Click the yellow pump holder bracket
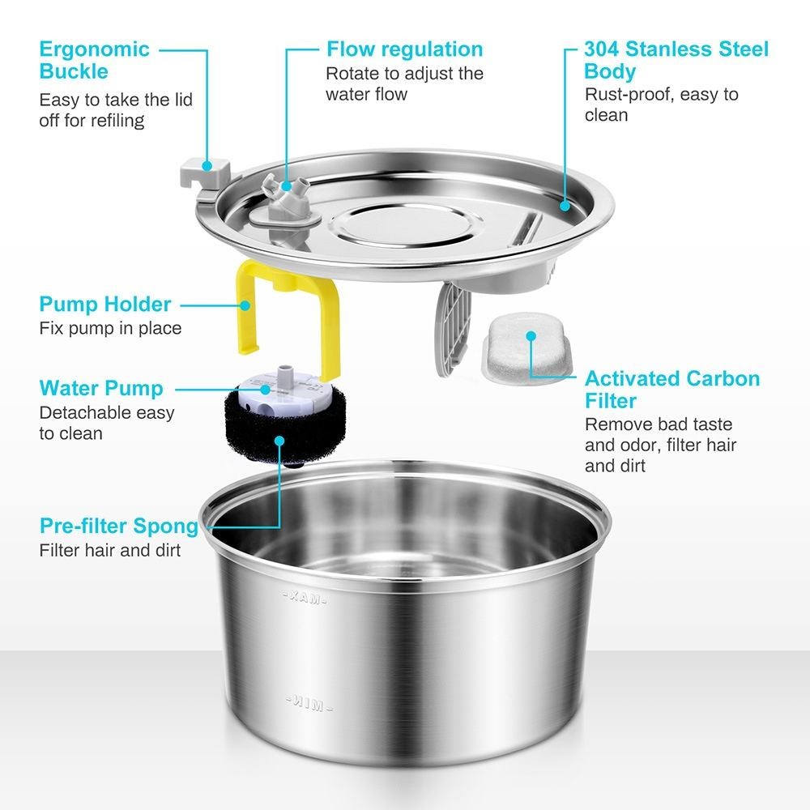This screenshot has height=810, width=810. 247,310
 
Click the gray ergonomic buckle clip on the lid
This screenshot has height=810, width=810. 205,175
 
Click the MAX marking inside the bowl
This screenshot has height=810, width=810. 305,597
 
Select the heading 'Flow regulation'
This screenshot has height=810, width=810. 405,49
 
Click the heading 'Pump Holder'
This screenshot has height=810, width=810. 104,305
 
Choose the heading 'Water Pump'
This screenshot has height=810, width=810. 101,388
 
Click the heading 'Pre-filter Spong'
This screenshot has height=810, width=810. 119,526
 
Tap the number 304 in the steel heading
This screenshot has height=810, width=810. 602,49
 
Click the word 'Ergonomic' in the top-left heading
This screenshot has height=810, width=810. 95,49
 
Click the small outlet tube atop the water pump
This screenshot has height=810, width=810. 283,373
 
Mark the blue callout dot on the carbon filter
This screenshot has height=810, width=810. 531,336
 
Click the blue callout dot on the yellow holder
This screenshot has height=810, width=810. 245,305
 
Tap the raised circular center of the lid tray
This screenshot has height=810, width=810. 406,224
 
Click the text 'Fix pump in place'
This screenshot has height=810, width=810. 110,328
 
